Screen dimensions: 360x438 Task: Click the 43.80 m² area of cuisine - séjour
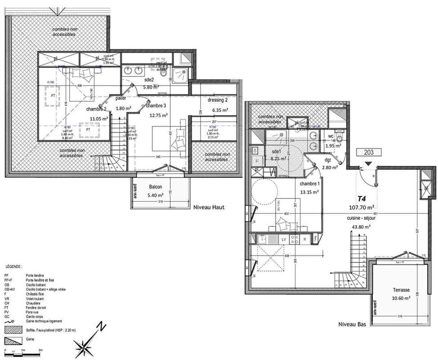pos(361,227)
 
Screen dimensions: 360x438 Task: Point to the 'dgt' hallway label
pos(326,160)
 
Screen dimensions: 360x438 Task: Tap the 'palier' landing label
pos(121,98)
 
